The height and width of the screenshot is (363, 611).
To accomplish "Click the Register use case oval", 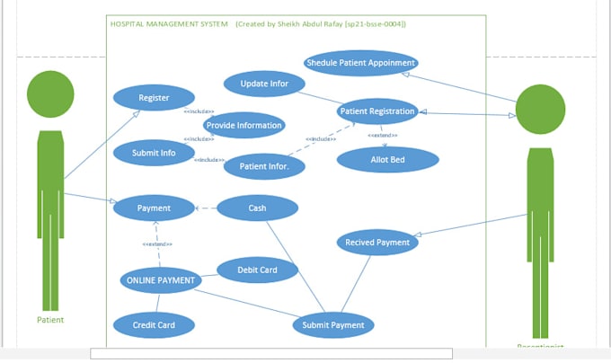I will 154,97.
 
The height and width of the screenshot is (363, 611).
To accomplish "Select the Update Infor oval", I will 264,84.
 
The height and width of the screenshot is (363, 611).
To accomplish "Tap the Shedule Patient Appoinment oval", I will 360,63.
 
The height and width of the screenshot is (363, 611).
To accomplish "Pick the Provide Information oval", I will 244,125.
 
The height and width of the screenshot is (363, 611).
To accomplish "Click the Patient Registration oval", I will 377,111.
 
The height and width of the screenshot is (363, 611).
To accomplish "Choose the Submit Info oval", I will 154,152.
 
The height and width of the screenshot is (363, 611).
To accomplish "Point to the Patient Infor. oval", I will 264,166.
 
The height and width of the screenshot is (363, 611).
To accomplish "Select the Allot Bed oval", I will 387,160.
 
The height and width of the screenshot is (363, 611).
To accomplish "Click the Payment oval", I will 154,208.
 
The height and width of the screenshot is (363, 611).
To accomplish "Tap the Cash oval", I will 257,208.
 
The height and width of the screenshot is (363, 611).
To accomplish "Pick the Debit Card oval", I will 257,270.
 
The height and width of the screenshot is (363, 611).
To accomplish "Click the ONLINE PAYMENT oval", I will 160,280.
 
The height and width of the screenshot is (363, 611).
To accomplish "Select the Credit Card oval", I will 154,324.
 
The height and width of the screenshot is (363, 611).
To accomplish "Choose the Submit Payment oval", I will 333,324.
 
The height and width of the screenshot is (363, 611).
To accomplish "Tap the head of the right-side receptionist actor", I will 541,110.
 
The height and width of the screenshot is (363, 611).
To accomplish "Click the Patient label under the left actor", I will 50,320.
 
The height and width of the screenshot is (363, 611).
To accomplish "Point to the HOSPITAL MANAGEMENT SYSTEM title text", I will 168,23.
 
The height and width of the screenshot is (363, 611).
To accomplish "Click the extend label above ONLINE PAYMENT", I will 157,243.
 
